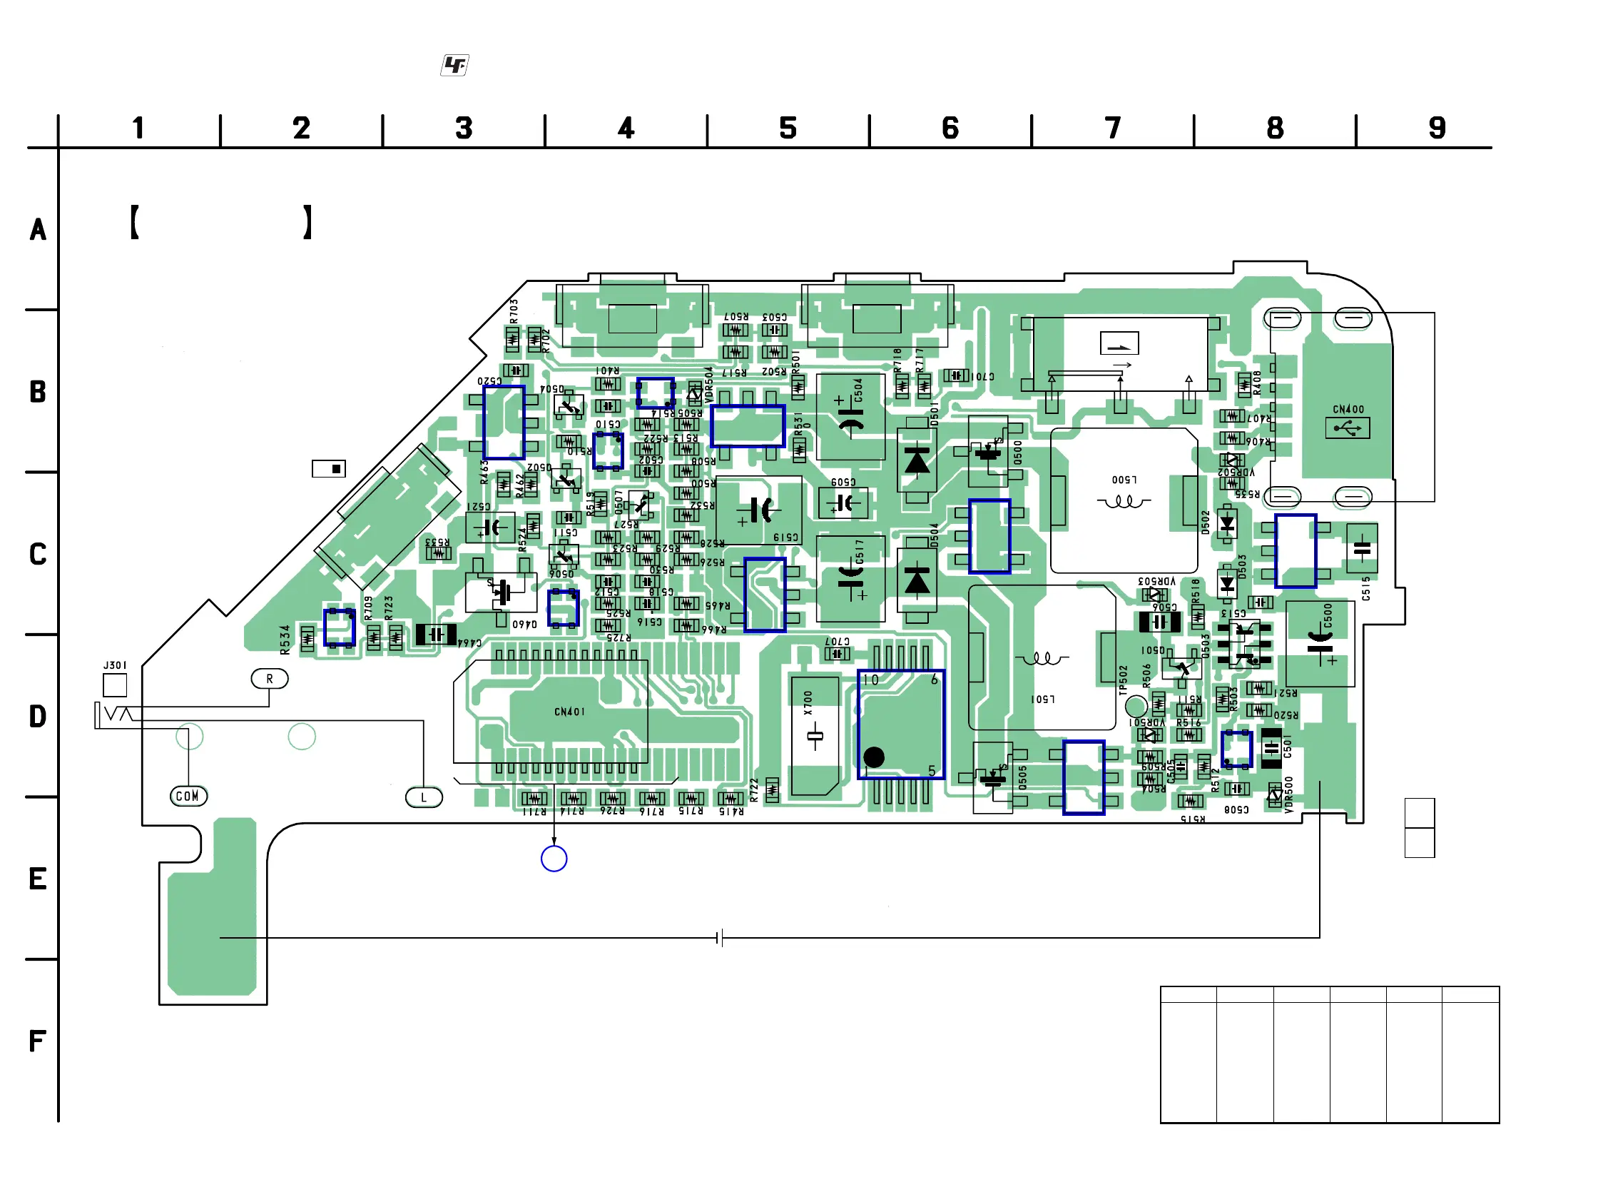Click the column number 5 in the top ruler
click(x=788, y=128)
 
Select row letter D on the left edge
click(x=38, y=717)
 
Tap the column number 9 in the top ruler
click(x=1437, y=128)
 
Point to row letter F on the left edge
click(x=38, y=1041)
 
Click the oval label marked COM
click(x=188, y=796)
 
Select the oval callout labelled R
click(x=270, y=679)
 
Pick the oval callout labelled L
click(x=424, y=797)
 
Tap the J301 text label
click(x=115, y=665)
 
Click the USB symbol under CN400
click(x=1348, y=428)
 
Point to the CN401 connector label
click(x=569, y=712)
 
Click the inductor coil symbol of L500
click(x=1124, y=501)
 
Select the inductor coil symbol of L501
click(x=1042, y=659)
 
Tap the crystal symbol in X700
click(x=815, y=737)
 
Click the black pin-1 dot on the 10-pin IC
click(x=873, y=757)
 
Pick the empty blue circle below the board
click(x=554, y=859)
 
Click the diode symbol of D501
click(x=917, y=460)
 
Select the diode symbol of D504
click(x=917, y=580)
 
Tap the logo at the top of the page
click(x=454, y=66)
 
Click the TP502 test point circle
click(x=1136, y=705)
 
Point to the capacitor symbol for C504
click(x=850, y=418)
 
